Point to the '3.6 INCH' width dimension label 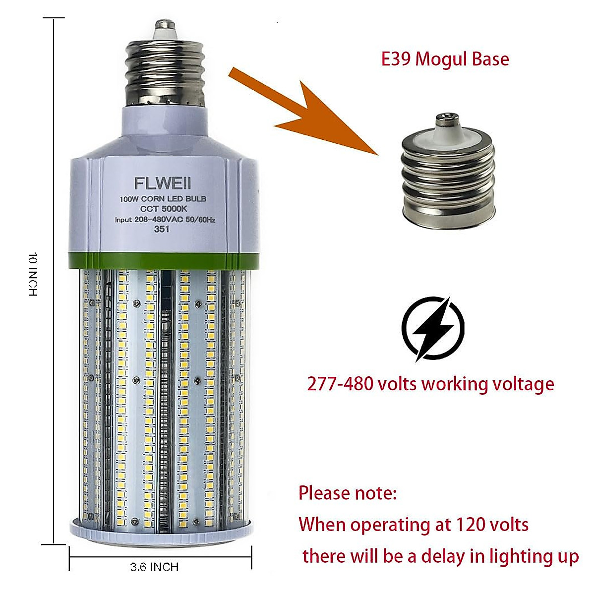point(154,567)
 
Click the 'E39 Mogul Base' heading point(445,59)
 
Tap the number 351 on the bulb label point(162,229)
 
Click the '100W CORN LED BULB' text point(163,199)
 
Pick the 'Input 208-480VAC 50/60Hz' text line point(165,220)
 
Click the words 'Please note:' point(347,493)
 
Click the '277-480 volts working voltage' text point(430,384)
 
